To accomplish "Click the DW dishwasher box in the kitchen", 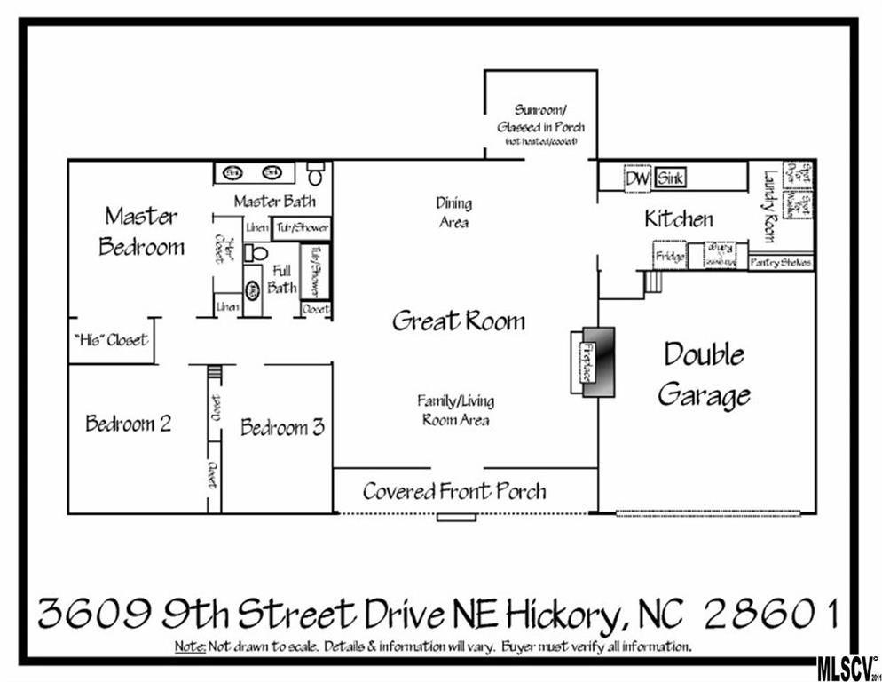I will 636,178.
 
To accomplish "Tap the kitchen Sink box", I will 669,178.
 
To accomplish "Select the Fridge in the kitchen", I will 670,257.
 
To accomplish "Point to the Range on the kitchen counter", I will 721,255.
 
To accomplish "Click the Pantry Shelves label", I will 780,263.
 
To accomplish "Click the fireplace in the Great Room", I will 592,361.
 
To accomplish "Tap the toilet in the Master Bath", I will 316,172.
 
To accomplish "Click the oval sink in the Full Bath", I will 252,289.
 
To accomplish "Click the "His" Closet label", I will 111,340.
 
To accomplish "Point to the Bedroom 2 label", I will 128,424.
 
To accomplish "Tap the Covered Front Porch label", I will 453,491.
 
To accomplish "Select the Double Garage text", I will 705,374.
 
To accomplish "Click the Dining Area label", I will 453,213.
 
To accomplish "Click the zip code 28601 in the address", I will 769,613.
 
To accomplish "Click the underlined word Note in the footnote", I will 190,645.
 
